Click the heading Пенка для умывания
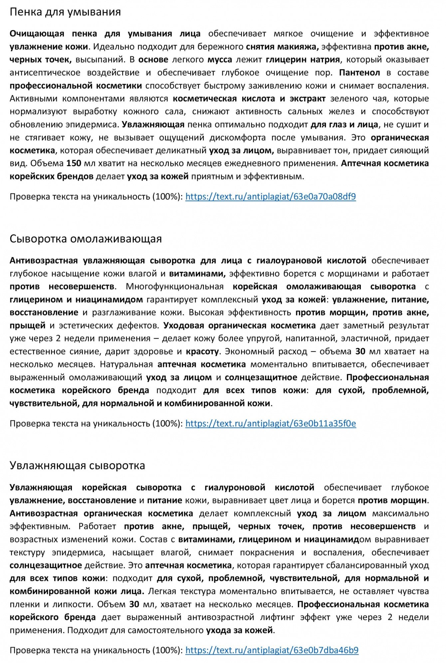pyautogui.click(x=65, y=12)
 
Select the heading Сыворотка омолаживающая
pyautogui.click(x=86, y=239)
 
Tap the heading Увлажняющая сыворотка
pyautogui.click(x=77, y=466)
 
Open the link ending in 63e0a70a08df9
pyautogui.click(x=270, y=197)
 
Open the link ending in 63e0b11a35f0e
pyautogui.click(x=270, y=424)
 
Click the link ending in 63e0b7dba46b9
pyautogui.click(x=272, y=650)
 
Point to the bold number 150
pyautogui.click(x=74, y=164)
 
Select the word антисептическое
pyautogui.click(x=45, y=73)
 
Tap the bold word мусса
pyautogui.click(x=220, y=60)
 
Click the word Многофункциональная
pyautogui.click(x=174, y=286)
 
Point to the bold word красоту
pyautogui.click(x=202, y=351)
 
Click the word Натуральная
pyautogui.click(x=126, y=364)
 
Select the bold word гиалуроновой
pyautogui.click(x=235, y=488)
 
